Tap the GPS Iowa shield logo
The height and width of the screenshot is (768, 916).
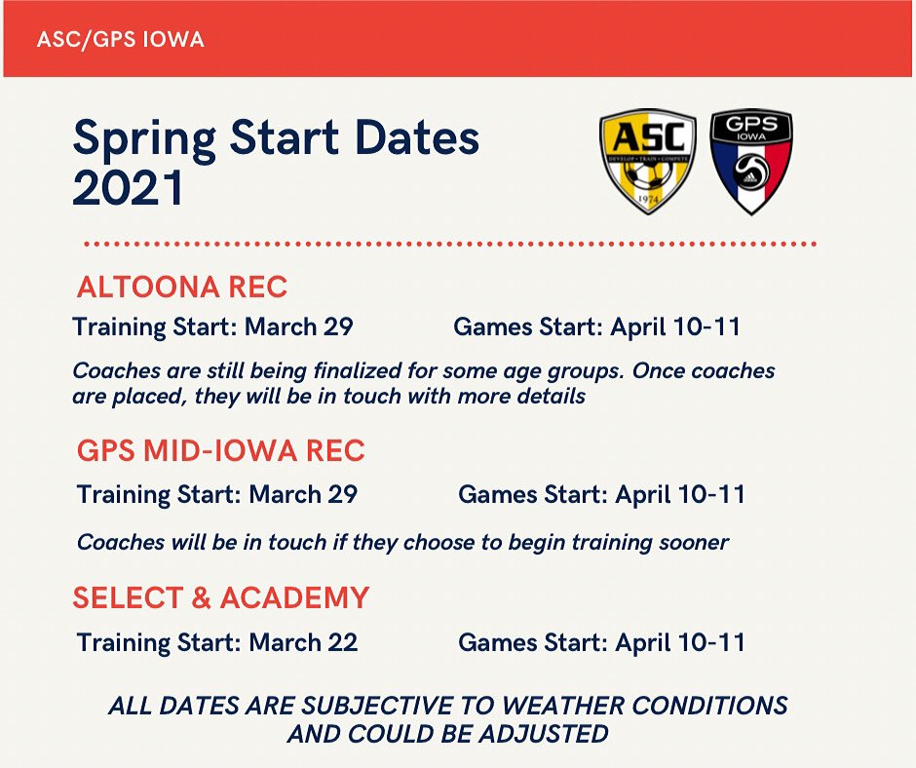(750, 161)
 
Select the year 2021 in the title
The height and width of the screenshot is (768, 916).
(128, 187)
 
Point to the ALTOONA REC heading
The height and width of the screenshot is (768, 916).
(181, 288)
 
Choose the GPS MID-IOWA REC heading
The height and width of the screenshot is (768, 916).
(220, 451)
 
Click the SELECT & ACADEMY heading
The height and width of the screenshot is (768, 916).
(220, 597)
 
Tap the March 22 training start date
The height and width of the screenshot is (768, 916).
(303, 642)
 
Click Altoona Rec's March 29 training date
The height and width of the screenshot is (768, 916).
(298, 326)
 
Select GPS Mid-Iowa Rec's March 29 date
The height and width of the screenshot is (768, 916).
(303, 494)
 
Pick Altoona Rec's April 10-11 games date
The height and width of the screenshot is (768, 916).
(675, 326)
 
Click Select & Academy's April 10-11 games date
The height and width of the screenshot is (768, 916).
(680, 642)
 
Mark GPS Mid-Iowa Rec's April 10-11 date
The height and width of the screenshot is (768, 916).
(680, 494)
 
